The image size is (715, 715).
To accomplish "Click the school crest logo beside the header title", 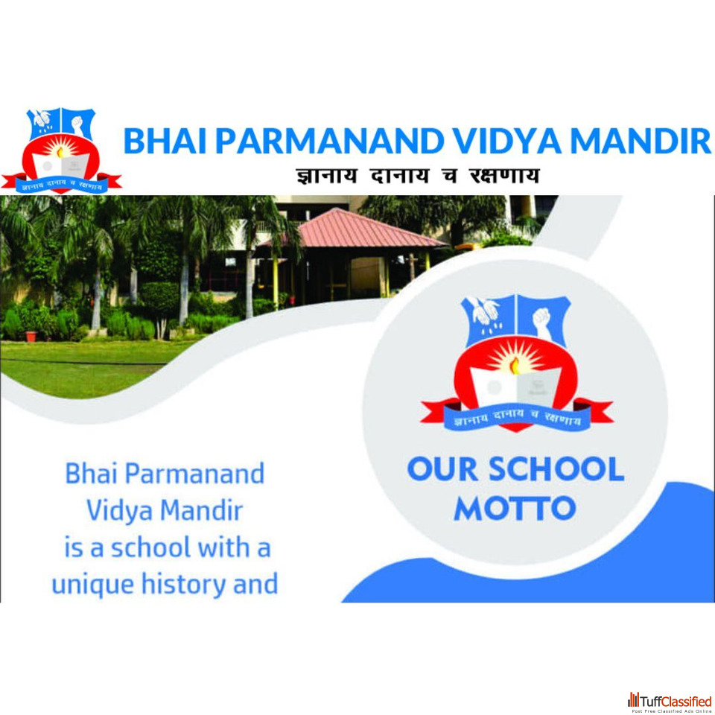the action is tap(61, 151).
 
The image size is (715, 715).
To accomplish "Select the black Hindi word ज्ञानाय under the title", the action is tap(326, 176).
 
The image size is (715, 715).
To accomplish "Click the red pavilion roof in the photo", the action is tap(353, 229).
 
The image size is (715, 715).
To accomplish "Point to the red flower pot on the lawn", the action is tap(31, 337).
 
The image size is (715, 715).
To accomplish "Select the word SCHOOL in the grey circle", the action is tap(556, 469).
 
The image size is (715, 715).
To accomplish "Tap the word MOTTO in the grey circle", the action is tap(515, 508).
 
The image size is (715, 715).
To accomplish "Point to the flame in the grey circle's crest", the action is tap(515, 365).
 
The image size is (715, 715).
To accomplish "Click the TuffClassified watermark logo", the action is tap(670, 702).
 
